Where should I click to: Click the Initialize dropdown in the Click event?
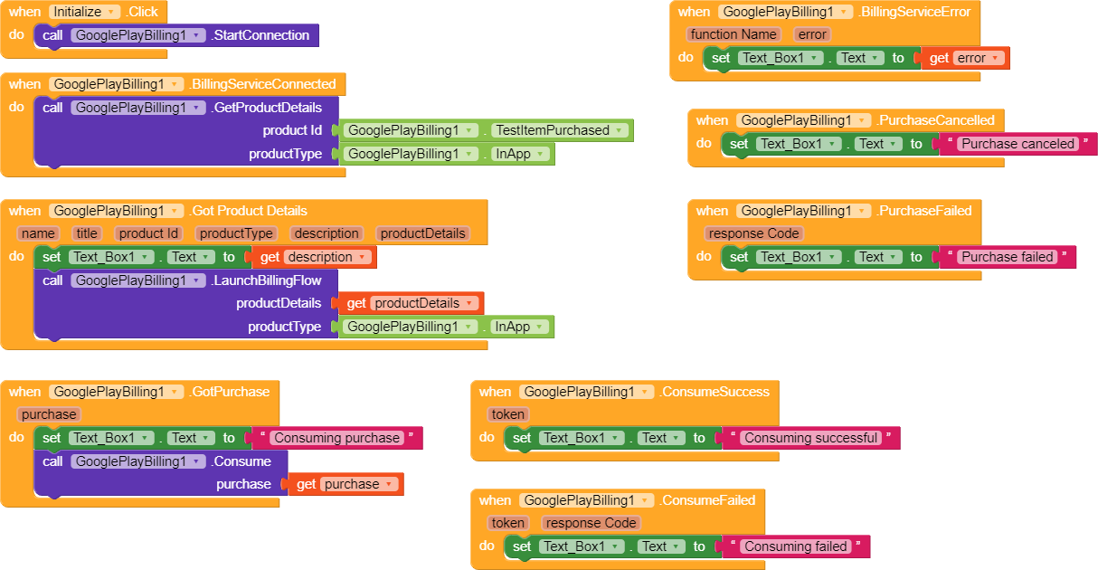pos(85,12)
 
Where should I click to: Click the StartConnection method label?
pos(260,35)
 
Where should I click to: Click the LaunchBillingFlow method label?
pos(267,280)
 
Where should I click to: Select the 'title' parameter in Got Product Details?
pos(87,233)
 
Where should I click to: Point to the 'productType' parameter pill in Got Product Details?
pos(235,233)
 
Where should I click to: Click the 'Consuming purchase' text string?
pos(336,438)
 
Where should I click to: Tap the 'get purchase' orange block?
pos(345,484)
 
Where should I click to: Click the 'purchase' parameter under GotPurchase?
pos(49,414)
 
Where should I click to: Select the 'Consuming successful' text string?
pos(810,438)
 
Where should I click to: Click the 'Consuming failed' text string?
pos(795,546)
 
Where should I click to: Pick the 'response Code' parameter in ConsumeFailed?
pos(592,523)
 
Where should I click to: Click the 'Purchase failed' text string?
pos(1007,257)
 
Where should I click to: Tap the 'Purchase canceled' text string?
pos(1018,144)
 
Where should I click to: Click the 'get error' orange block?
pos(964,58)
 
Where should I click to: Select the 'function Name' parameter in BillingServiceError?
pos(734,34)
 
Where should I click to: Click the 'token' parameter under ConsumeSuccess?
pos(507,414)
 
